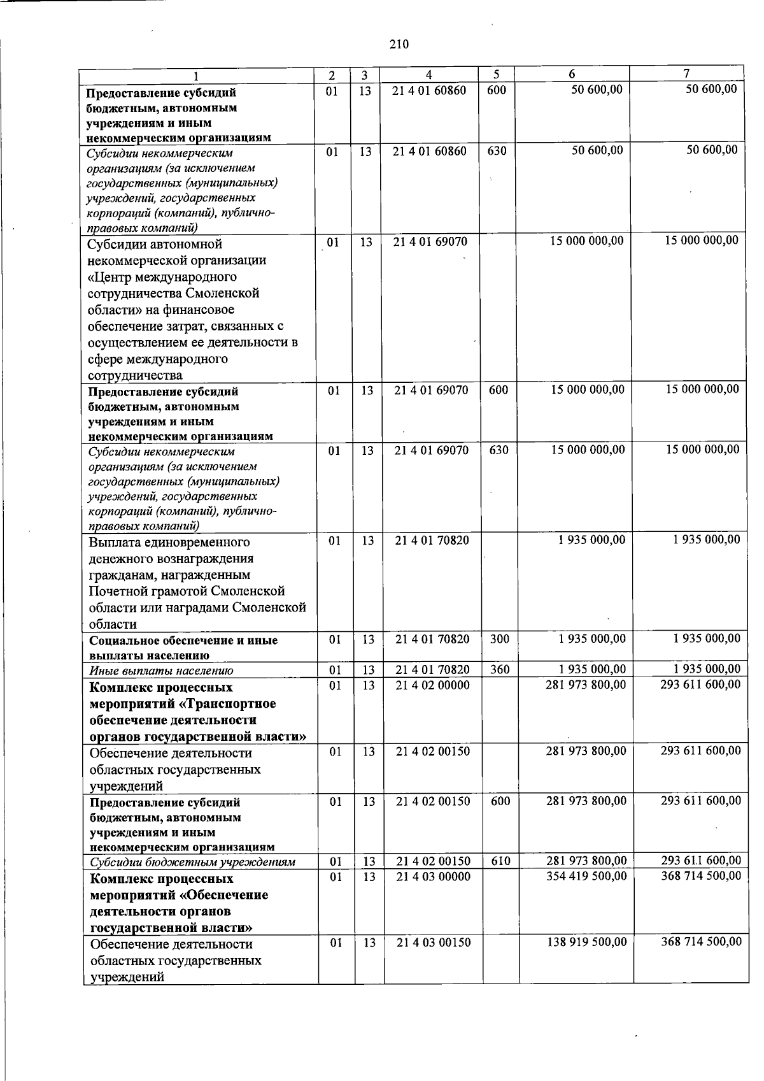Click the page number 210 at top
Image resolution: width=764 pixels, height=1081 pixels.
point(398,44)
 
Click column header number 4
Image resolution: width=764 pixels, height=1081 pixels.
point(430,75)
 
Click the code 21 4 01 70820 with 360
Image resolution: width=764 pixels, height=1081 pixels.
point(432,669)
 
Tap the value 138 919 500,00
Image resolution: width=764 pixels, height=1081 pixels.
point(586,941)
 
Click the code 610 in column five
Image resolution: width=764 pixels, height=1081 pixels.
point(500,861)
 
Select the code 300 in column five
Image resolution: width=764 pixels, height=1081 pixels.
point(500,638)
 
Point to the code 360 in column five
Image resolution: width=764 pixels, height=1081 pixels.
point(500,669)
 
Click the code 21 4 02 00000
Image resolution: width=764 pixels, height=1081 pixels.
point(432,685)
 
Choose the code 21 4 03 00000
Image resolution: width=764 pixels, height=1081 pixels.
point(433,877)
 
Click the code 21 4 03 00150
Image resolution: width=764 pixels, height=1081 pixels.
point(433,942)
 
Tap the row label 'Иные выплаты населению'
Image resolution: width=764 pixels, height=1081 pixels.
point(161,670)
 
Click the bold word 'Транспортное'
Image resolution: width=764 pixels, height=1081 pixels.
point(236,704)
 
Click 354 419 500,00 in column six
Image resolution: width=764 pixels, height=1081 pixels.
point(586,876)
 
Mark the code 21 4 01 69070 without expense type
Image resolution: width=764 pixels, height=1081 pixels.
point(431,241)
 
